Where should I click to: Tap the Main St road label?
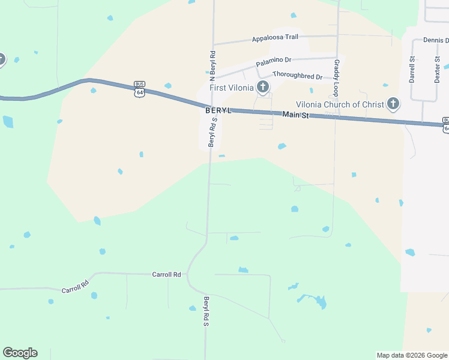tap(295, 115)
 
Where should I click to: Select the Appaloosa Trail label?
tap(275, 37)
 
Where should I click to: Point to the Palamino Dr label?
tap(273, 61)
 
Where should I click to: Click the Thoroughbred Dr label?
tap(297, 76)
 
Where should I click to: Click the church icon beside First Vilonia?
tap(263, 88)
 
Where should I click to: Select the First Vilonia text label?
tap(231, 88)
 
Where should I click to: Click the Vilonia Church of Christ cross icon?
tap(393, 104)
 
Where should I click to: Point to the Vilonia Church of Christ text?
tap(340, 104)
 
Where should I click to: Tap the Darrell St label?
tap(412, 69)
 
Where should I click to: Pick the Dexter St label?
tap(438, 69)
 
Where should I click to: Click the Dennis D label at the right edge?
tap(436, 40)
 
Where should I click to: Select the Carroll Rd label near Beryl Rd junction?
tap(166, 274)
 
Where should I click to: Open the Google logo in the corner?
tap(20, 353)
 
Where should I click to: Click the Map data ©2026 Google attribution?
tap(412, 355)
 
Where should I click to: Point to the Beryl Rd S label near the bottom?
tap(205, 311)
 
